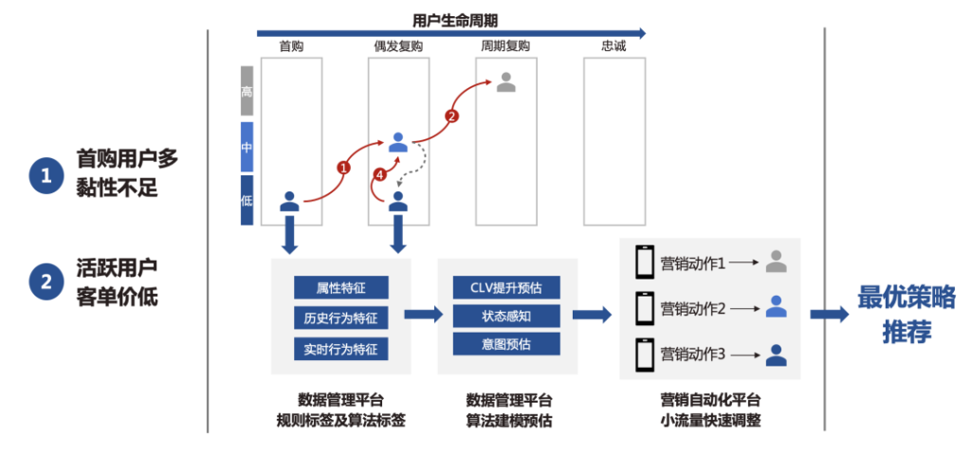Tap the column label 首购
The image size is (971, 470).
point(291,46)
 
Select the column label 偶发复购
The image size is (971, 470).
point(398,46)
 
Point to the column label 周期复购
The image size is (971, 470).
point(505,46)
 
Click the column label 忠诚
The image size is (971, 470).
point(614,46)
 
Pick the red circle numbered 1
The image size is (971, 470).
point(344,167)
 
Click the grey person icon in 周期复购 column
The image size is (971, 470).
point(506,82)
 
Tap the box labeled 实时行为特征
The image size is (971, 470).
point(341,349)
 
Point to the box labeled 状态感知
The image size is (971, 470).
point(506,315)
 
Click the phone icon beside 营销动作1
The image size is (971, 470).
point(646,262)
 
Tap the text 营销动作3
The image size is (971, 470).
point(693,354)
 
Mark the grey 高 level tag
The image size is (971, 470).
point(247,91)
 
